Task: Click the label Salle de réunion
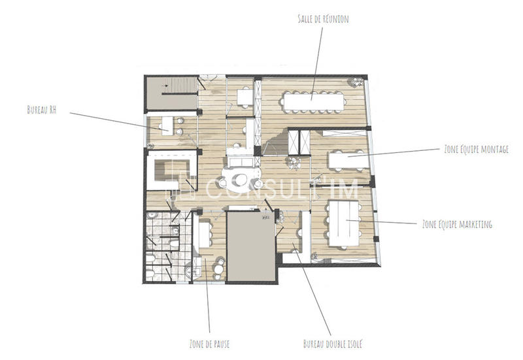323,20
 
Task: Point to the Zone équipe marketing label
457,224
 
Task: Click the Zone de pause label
208,343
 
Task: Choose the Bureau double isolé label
332,343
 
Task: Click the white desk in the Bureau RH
167,124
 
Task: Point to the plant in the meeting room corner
357,83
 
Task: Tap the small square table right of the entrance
244,97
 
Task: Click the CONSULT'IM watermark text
281,190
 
